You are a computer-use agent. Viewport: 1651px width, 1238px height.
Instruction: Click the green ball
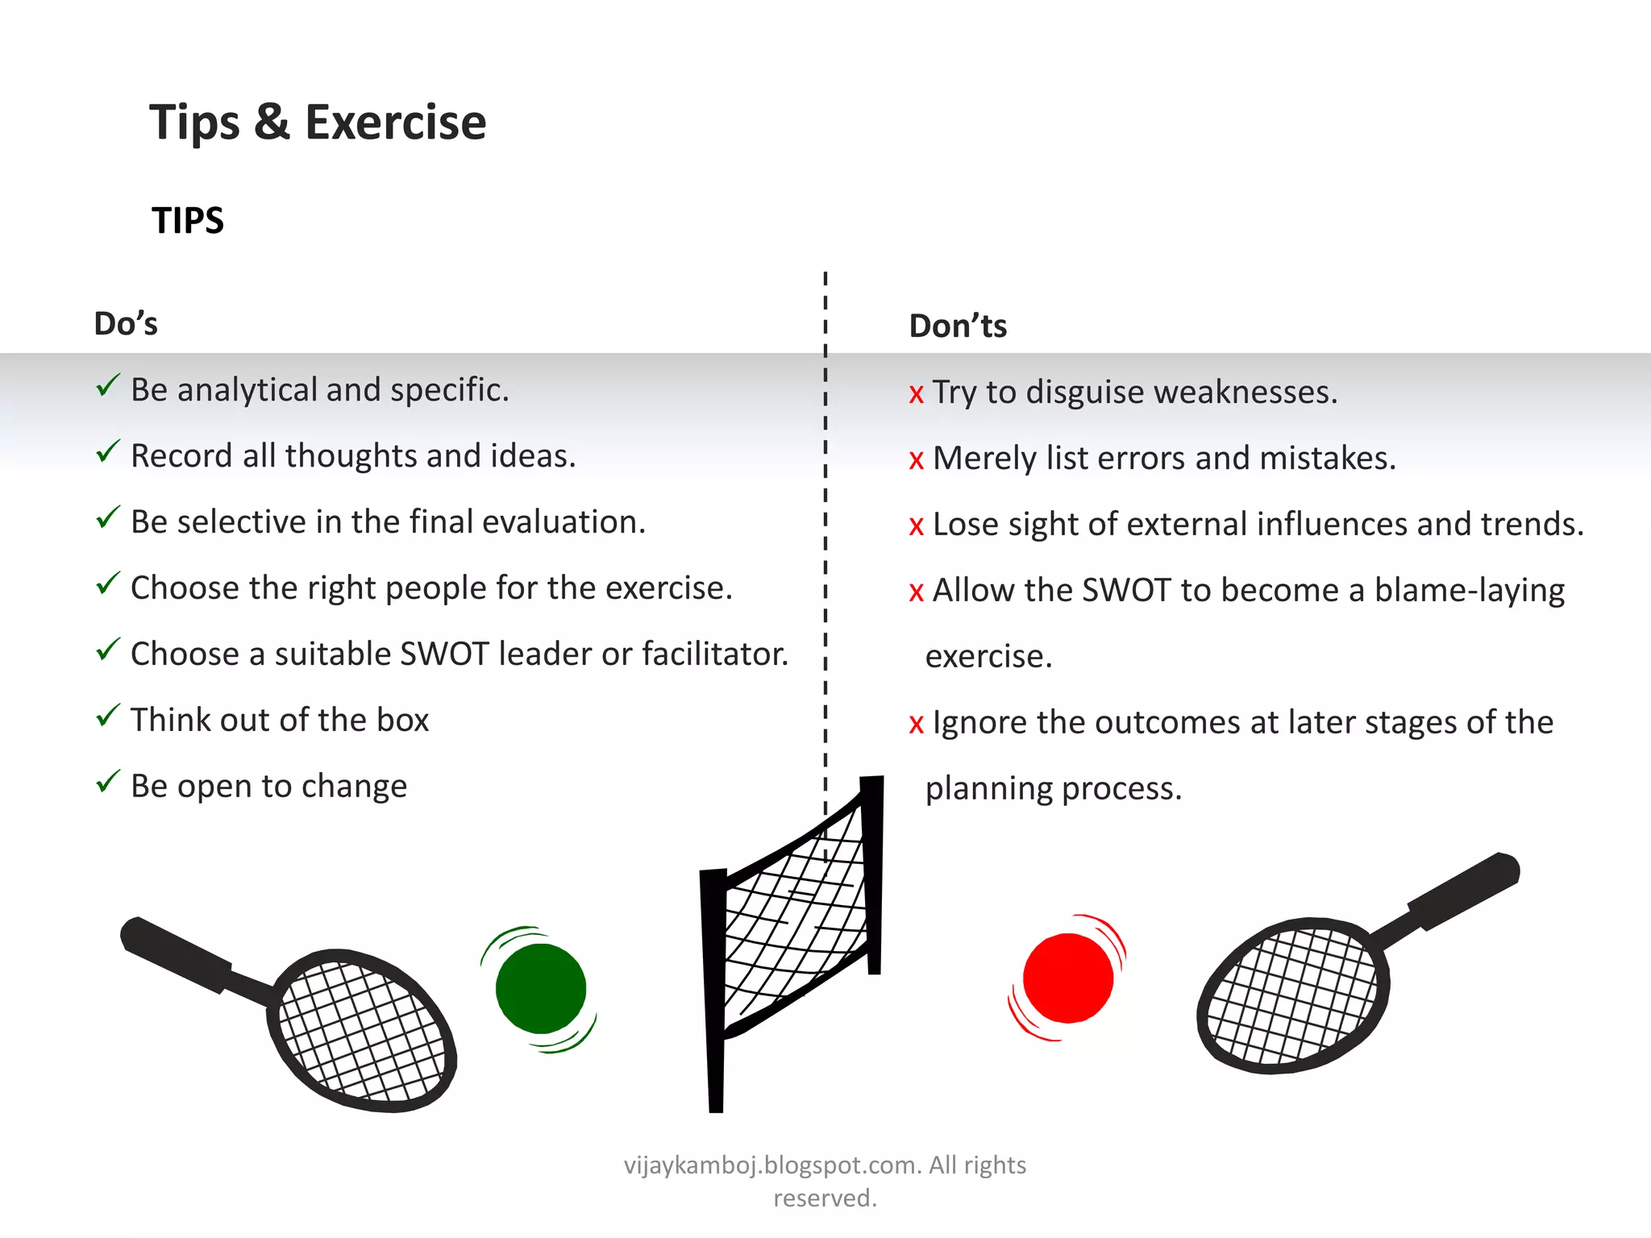[x=540, y=988]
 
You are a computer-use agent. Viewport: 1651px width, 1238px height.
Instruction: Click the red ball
[x=1068, y=978]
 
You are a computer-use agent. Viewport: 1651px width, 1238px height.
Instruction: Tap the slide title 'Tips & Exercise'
[x=318, y=123]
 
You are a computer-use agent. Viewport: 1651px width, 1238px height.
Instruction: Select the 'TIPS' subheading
[x=188, y=221]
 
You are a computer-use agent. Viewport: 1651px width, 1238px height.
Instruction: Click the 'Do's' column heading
[x=126, y=324]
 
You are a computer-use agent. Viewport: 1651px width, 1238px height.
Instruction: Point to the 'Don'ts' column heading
[x=958, y=326]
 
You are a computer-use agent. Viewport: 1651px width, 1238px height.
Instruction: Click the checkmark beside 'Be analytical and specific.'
[x=108, y=386]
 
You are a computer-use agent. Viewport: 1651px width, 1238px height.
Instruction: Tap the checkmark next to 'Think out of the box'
[x=108, y=716]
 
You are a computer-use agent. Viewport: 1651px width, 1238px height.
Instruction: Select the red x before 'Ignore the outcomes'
[x=917, y=725]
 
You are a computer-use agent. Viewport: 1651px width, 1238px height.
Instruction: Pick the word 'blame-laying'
[x=1469, y=591]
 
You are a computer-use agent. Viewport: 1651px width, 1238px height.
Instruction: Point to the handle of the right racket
[x=1463, y=890]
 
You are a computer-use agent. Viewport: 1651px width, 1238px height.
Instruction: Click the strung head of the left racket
[x=362, y=1031]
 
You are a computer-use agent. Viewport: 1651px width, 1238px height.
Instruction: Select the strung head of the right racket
[x=1293, y=995]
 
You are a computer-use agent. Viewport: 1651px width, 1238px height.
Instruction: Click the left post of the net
[x=713, y=991]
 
